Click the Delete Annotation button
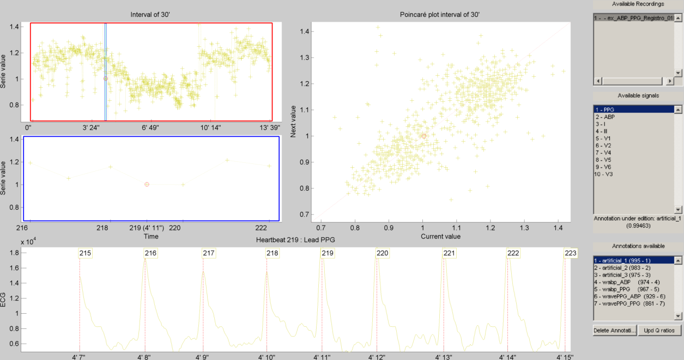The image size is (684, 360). pyautogui.click(x=614, y=331)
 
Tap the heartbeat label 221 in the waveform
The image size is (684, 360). pyautogui.click(x=449, y=253)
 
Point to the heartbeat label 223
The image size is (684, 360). pyautogui.click(x=570, y=253)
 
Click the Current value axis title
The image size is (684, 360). pyautogui.click(x=441, y=236)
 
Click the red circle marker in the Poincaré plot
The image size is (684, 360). pyautogui.click(x=423, y=136)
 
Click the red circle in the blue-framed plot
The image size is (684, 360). pyautogui.click(x=147, y=185)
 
